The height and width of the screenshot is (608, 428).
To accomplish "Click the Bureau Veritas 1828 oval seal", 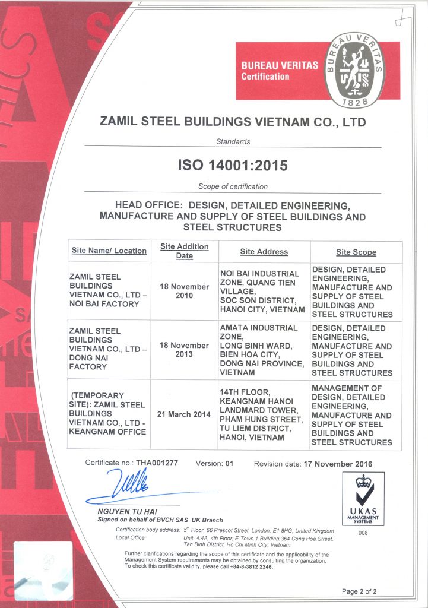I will pos(354,71).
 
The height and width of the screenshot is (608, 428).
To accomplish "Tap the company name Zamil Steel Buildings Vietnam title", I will pos(233,123).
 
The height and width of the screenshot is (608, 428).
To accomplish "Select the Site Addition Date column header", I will pos(184,251).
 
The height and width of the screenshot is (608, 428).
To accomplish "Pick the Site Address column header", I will pos(264,252).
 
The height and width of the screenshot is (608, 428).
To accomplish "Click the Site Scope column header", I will pos(356,252).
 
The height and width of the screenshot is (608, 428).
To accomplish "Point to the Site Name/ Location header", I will pos(109,251).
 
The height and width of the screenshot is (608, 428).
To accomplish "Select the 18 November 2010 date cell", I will pos(184,291).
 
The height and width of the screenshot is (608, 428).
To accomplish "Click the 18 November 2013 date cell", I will pos(184,350).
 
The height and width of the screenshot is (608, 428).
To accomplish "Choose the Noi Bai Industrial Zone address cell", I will pos(262,291).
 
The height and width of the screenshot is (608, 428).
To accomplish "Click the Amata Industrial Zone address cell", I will pos(262,350).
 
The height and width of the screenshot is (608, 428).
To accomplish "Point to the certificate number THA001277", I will pos(157,463).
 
